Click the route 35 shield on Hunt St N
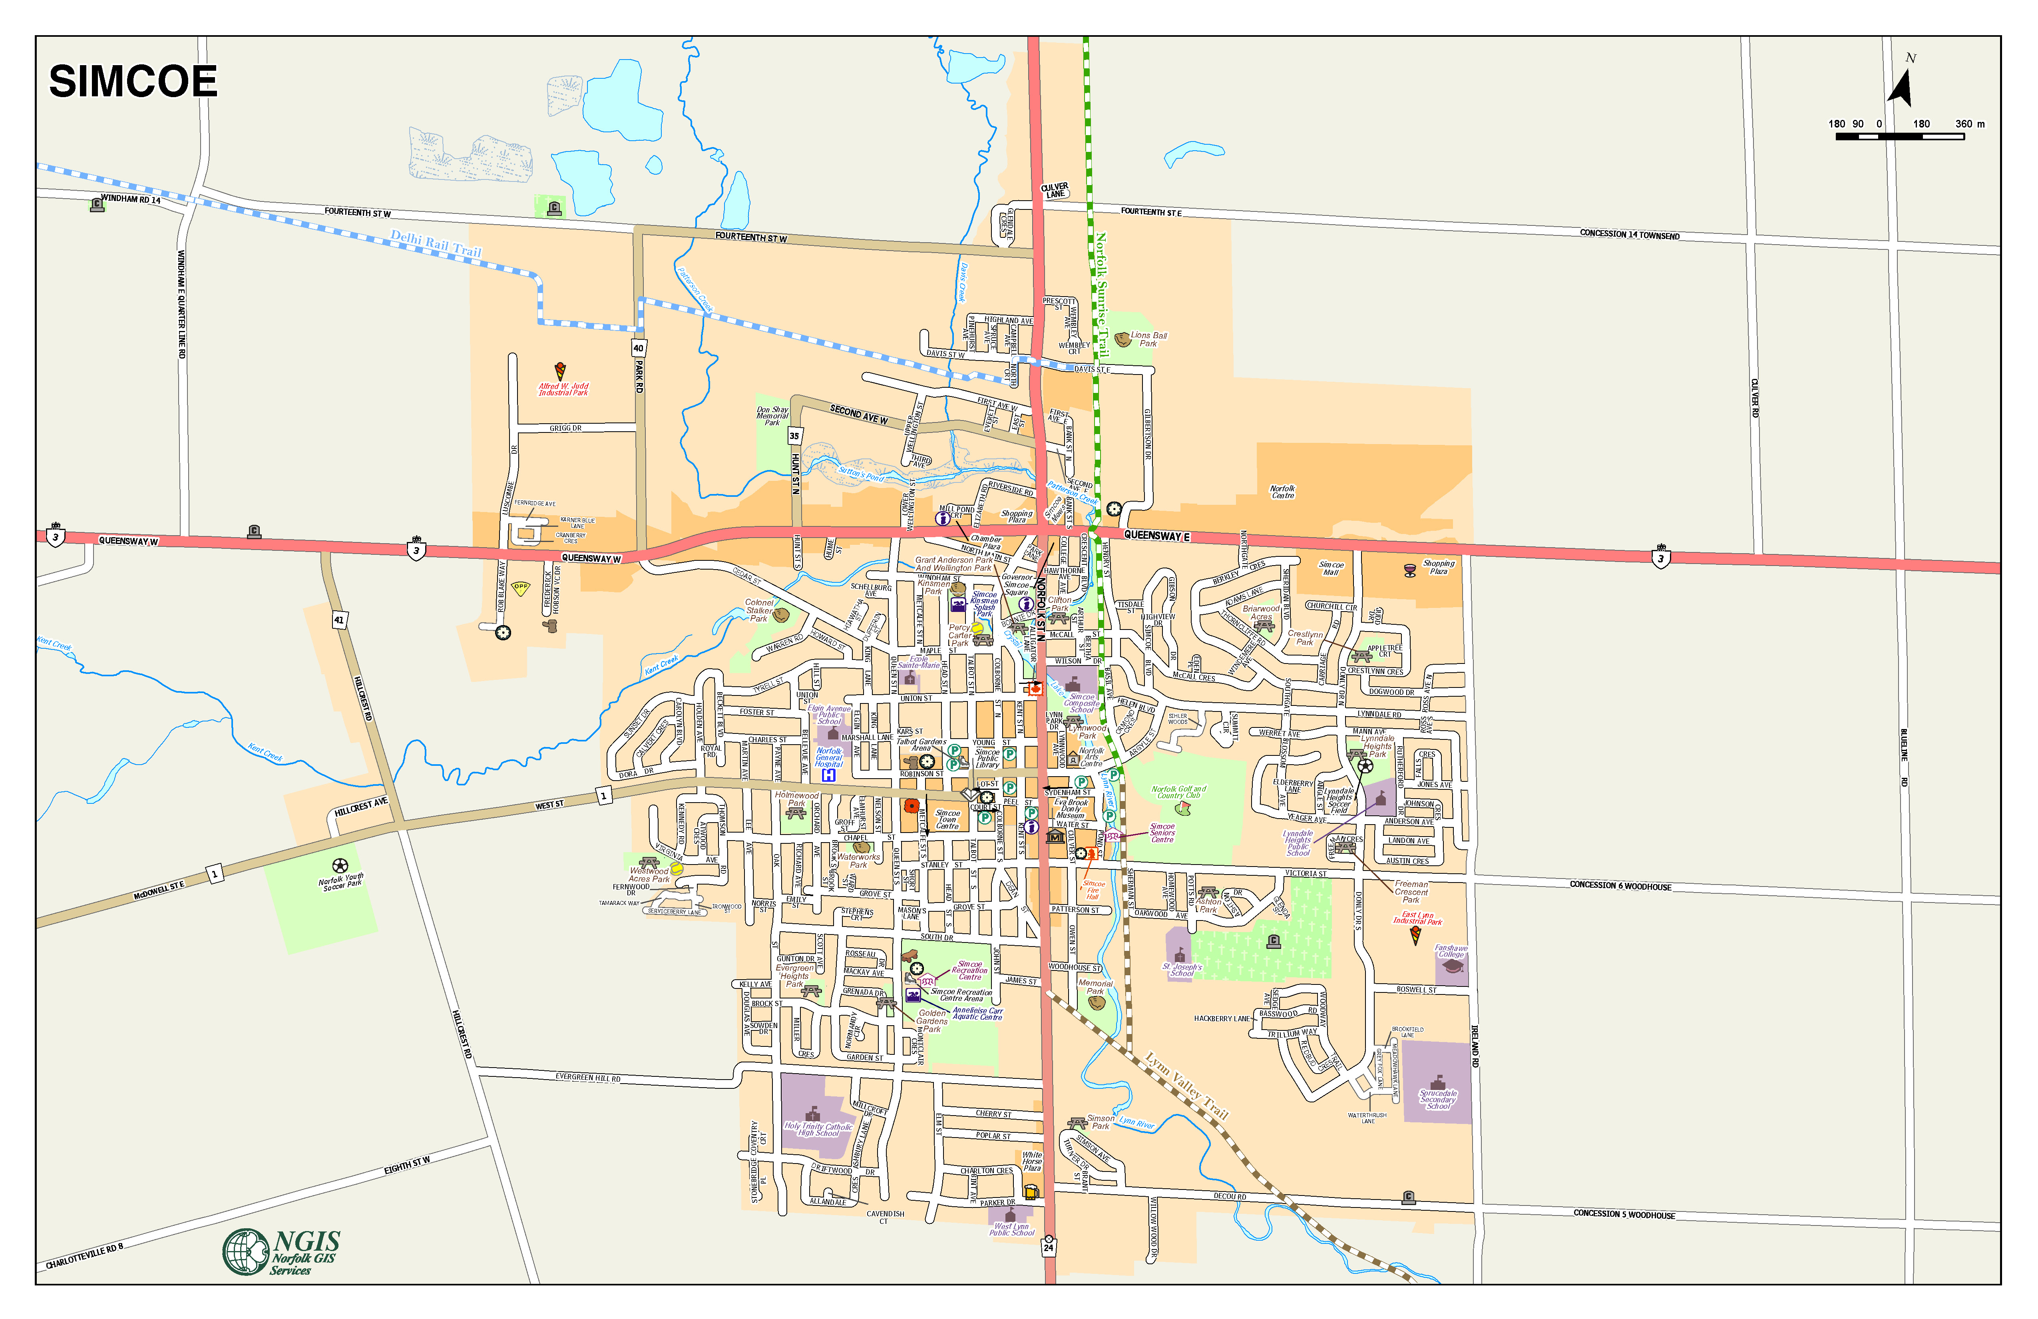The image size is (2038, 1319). pos(794,436)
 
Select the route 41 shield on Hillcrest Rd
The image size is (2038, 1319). pos(339,619)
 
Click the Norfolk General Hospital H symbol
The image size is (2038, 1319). pos(828,775)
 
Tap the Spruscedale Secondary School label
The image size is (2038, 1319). pos(1438,1099)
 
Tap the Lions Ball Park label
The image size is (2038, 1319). pos(1148,339)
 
